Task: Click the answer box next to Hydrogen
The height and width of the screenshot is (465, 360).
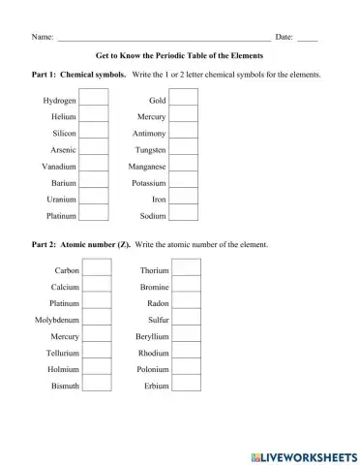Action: (x=94, y=100)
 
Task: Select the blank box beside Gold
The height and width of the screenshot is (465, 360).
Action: (x=184, y=100)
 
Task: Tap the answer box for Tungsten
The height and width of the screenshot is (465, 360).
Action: (x=184, y=150)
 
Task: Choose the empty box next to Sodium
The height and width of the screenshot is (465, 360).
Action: (x=184, y=216)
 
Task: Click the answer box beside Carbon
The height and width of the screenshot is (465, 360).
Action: (x=97, y=270)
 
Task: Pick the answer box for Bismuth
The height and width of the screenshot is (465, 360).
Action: (x=97, y=386)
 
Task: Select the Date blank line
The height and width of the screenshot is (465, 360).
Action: (x=308, y=39)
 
